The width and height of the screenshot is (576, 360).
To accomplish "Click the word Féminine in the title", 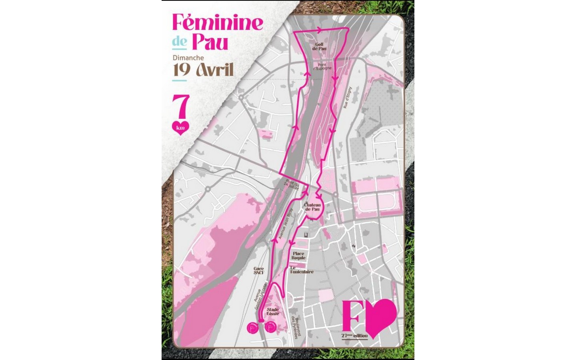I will (218, 23).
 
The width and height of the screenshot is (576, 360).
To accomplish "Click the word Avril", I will (215, 70).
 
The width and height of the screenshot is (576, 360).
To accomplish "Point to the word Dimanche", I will (188, 58).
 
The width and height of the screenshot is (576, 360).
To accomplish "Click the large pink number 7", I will (181, 107).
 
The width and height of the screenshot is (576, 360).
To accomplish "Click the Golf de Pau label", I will (319, 47).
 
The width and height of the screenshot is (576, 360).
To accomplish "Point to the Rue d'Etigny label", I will (347, 97).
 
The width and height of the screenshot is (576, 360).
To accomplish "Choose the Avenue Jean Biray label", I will (286, 224).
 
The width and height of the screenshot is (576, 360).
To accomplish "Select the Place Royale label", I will (298, 256).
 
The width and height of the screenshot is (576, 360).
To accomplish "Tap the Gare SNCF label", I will (259, 271).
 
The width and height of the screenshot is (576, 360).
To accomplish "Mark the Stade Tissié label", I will (273, 311).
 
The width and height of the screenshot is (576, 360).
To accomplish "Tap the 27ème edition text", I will (354, 335).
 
